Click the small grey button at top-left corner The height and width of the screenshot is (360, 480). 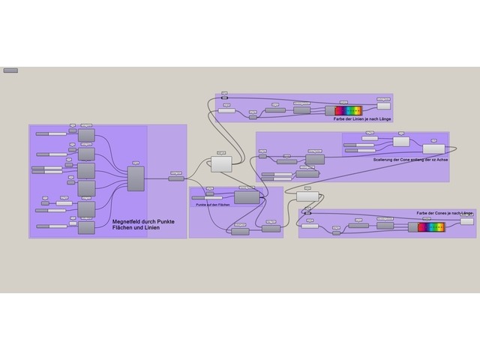10,70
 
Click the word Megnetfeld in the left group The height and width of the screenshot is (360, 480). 127,222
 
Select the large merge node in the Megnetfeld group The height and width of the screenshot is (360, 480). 136,179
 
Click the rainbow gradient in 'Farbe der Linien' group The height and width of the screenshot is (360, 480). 348,110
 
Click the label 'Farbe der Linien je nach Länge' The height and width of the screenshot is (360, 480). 362,119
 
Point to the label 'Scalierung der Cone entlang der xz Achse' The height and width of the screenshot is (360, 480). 408,160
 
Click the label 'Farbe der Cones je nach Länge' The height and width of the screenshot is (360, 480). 445,214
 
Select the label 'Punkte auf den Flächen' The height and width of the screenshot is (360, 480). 212,204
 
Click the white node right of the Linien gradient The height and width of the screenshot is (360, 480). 383,106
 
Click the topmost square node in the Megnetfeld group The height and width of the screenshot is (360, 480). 86,135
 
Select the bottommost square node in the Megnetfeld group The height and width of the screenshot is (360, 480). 86,227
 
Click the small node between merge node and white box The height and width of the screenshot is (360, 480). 176,178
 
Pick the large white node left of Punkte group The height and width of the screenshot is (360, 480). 222,163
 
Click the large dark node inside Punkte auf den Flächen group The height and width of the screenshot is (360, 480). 246,197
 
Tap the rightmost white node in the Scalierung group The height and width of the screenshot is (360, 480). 433,148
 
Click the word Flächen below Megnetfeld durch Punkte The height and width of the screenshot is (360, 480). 124,229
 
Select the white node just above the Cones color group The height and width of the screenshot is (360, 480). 307,196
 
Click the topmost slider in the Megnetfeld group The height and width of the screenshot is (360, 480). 52,133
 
